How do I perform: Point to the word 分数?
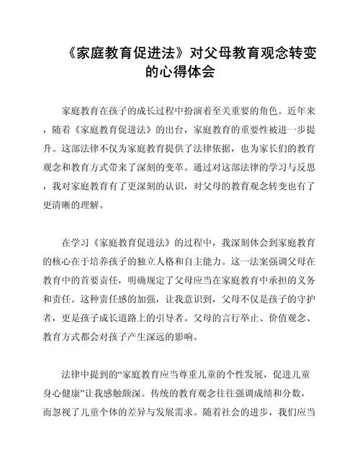[294, 392]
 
